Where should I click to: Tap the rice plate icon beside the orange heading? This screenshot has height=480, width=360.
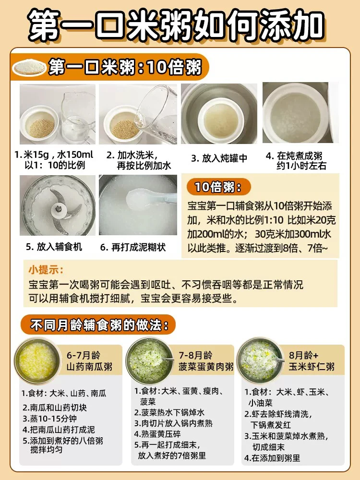[x=29, y=67]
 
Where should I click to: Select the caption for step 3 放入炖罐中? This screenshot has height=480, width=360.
[x=219, y=158]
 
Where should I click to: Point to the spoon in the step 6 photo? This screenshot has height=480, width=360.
[x=150, y=199]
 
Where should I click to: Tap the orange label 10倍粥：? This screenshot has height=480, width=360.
[x=218, y=187]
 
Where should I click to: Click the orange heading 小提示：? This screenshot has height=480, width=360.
[x=46, y=270]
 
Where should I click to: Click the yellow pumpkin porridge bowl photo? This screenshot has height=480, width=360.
[x=38, y=361]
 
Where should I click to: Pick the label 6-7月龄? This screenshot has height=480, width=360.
[x=84, y=355]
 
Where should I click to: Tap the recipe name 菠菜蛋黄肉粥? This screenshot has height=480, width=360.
[x=206, y=367]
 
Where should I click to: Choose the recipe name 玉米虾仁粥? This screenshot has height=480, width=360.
[x=312, y=367]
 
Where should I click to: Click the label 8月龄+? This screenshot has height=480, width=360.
[x=304, y=355]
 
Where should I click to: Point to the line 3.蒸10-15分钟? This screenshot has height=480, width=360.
[x=49, y=419]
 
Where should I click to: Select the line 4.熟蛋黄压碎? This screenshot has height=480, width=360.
[x=157, y=434]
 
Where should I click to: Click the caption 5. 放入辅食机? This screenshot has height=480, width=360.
[x=54, y=247]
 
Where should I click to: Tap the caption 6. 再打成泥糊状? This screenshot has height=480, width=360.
[x=133, y=247]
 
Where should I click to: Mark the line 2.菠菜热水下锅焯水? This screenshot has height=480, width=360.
[x=169, y=412]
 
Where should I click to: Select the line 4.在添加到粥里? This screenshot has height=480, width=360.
[x=272, y=458]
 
